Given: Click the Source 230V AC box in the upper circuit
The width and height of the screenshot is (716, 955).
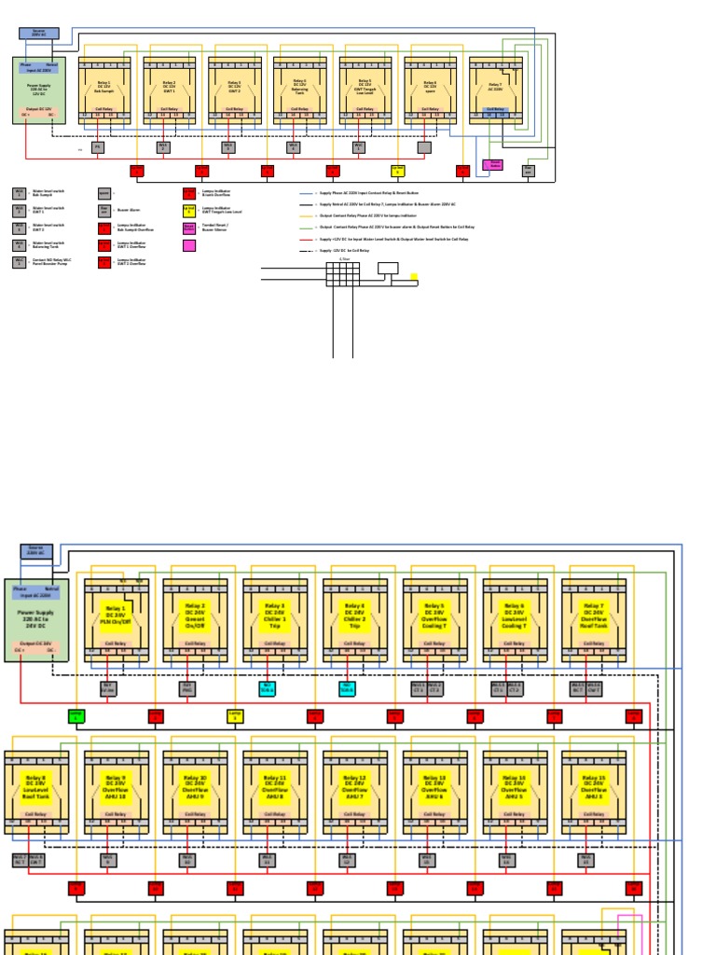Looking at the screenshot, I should [x=39, y=34].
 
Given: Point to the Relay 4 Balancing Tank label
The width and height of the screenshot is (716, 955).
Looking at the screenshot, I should [x=299, y=88].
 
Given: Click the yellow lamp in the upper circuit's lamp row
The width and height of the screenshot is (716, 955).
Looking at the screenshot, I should [x=397, y=171].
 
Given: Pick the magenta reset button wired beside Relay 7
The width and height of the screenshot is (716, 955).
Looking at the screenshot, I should [x=492, y=165].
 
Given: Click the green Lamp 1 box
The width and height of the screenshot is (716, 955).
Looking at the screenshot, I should [x=76, y=716].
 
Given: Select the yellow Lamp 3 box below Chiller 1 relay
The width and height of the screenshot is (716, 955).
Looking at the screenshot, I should [x=235, y=716].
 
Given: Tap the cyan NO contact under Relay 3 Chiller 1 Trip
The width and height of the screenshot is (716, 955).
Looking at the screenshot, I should [x=268, y=689].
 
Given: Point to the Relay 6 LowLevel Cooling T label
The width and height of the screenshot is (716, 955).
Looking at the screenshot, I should [x=514, y=614].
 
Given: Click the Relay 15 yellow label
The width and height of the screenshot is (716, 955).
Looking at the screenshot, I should [x=594, y=786].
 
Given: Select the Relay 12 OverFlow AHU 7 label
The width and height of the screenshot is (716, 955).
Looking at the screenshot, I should [x=354, y=786].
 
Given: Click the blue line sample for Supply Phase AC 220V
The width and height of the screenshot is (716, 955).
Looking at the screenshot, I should [x=308, y=194].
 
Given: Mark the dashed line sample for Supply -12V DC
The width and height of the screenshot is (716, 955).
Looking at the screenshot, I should [x=308, y=251].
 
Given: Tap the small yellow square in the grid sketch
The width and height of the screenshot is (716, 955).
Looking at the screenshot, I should [x=414, y=277].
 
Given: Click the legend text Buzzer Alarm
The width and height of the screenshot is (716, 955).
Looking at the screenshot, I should [x=130, y=211].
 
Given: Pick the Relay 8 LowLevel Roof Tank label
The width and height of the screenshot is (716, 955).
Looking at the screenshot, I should [x=35, y=786].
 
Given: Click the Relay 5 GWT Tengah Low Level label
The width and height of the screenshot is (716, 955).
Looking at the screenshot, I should [x=365, y=88].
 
